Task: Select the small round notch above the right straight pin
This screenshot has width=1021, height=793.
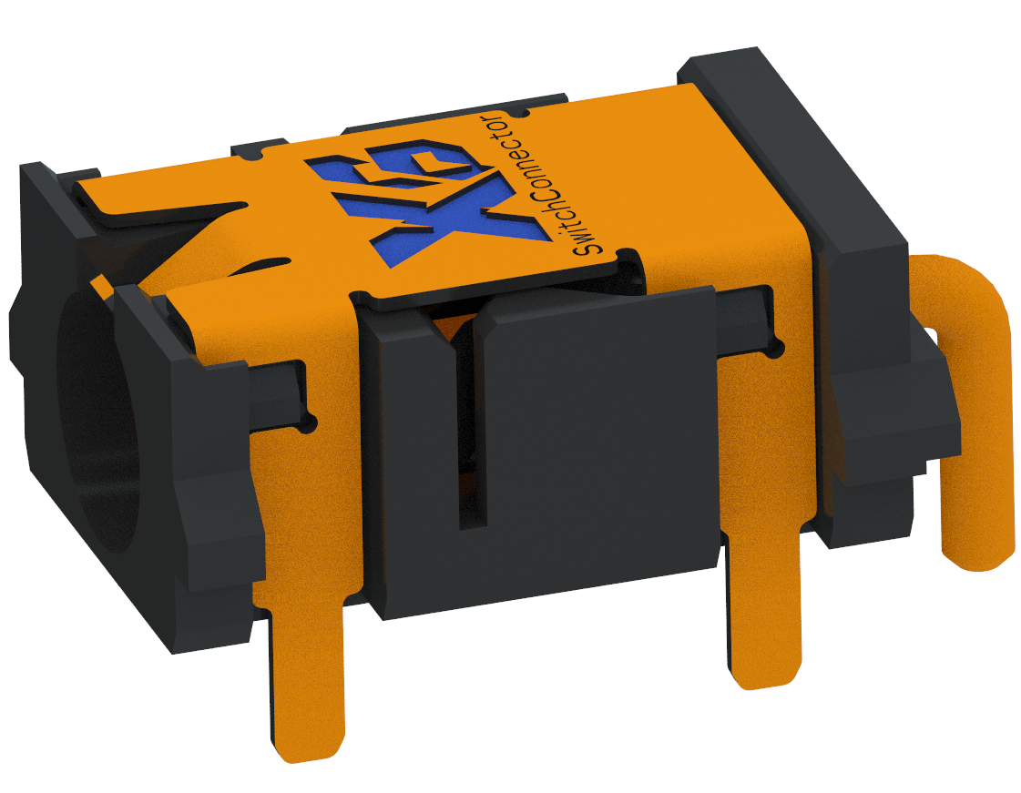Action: tap(775, 347)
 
